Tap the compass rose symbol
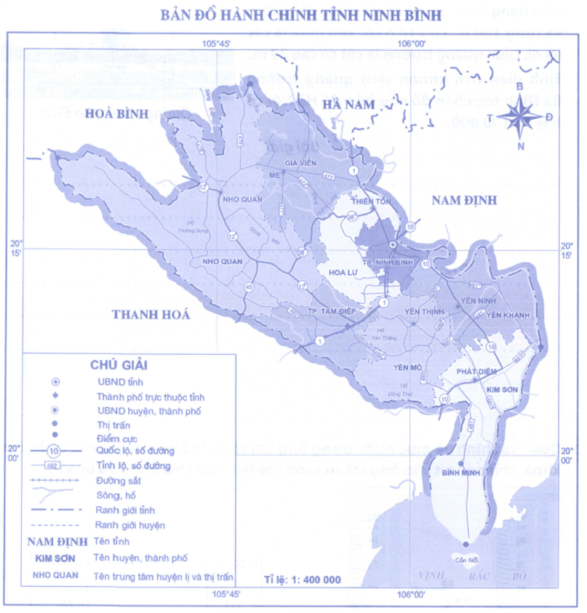pyautogui.click(x=519, y=116)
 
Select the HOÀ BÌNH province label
pyautogui.click(x=116, y=113)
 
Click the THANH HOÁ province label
pyautogui.click(x=151, y=314)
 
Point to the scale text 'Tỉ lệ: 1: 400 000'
pyautogui.click(x=303, y=580)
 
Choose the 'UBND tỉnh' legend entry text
pyautogui.click(x=116, y=381)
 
